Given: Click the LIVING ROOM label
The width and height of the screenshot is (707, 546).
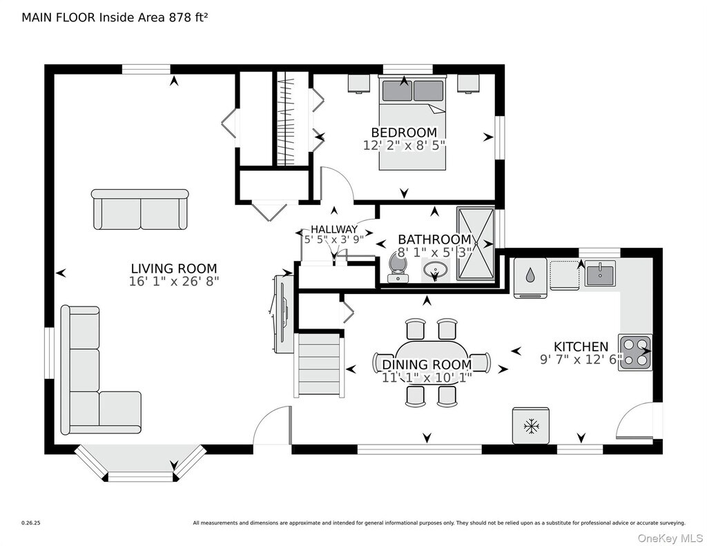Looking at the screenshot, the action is pyautogui.click(x=174, y=269).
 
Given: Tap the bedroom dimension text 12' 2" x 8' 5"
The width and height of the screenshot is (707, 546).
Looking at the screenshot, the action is pyautogui.click(x=404, y=146).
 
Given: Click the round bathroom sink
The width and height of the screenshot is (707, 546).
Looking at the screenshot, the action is pyautogui.click(x=435, y=271).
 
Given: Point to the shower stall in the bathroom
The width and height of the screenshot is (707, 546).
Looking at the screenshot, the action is pyautogui.click(x=476, y=244).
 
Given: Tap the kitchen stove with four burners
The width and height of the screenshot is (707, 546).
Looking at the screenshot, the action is pyautogui.click(x=635, y=353).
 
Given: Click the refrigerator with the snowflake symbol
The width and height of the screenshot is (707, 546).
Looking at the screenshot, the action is pyautogui.click(x=531, y=426).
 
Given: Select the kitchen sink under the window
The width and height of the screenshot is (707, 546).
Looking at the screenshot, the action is pyautogui.click(x=600, y=273).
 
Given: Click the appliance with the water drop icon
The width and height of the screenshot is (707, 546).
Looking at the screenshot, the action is pyautogui.click(x=530, y=277).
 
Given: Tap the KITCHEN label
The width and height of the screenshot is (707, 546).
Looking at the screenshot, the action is pyautogui.click(x=581, y=347).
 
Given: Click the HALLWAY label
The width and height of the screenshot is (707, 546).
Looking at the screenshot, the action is pyautogui.click(x=334, y=229).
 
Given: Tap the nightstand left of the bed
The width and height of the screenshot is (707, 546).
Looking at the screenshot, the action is pyautogui.click(x=359, y=84).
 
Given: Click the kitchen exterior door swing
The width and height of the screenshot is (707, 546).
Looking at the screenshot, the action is pyautogui.click(x=635, y=420).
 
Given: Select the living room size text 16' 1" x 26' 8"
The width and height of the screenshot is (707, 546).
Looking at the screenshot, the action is pyautogui.click(x=174, y=282).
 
